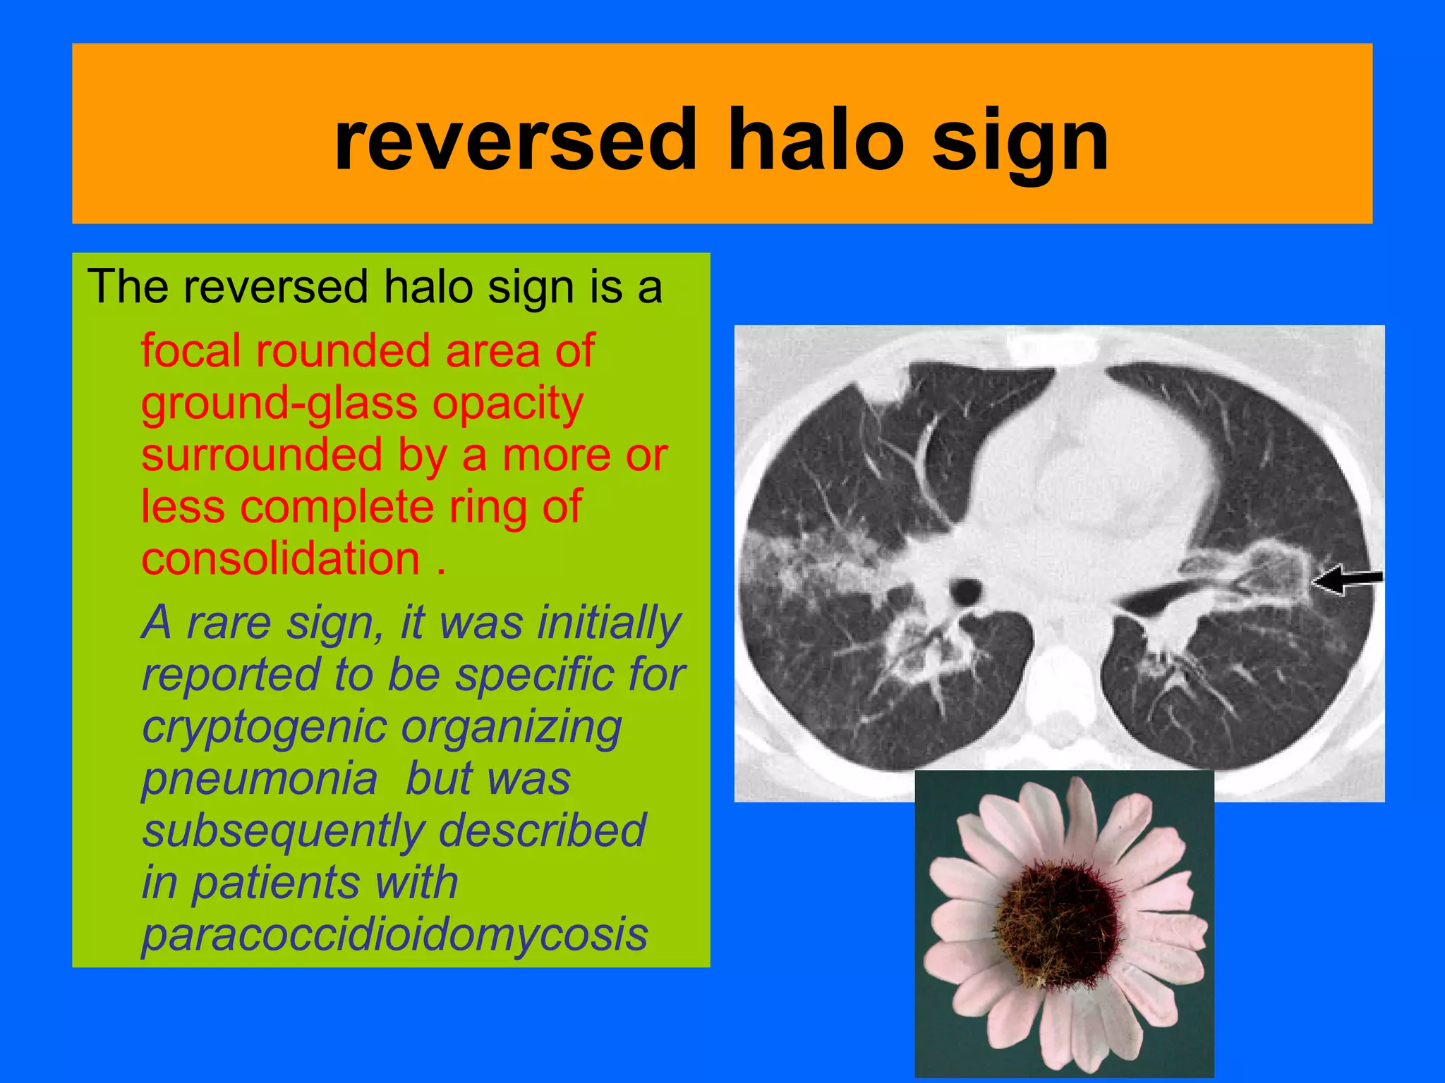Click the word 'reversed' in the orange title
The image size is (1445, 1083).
tap(516, 141)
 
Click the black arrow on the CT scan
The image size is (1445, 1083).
tap(1346, 580)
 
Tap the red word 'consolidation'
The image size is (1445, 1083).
tap(281, 559)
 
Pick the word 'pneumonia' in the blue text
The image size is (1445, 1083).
tap(260, 779)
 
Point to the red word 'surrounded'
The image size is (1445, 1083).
tap(262, 455)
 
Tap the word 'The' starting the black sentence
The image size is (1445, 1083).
tap(128, 287)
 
